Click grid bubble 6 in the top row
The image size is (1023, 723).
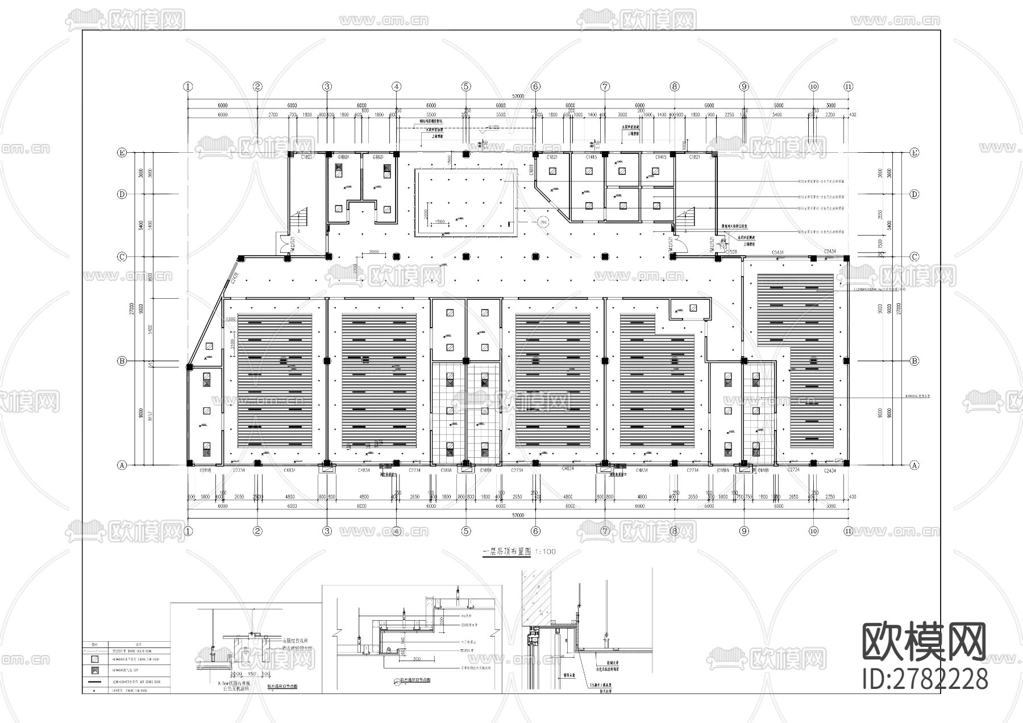[535, 87]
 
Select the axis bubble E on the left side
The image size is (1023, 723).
[122, 153]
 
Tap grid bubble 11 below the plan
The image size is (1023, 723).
[848, 532]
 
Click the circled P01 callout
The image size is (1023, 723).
[543, 223]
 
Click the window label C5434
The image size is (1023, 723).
[778, 252]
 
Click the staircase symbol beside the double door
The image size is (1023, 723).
[299, 220]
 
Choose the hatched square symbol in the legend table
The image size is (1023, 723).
[95, 659]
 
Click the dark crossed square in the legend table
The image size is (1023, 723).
[95, 670]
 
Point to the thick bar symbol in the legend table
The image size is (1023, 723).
[95, 680]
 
